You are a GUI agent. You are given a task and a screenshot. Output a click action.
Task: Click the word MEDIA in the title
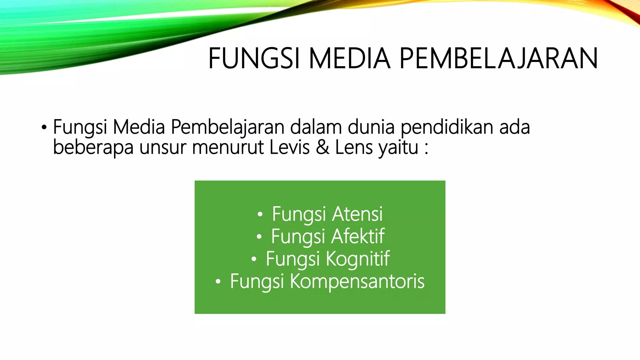click(349, 58)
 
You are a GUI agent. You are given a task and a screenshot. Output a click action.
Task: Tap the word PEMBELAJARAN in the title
click(498, 58)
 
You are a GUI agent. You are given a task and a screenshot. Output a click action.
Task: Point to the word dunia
click(371, 127)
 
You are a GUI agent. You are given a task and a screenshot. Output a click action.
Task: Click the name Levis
click(289, 147)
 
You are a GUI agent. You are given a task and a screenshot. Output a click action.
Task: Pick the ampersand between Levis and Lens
click(322, 147)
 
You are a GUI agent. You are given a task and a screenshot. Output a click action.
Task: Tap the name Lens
click(353, 147)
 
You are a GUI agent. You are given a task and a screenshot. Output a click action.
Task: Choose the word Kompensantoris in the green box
click(357, 281)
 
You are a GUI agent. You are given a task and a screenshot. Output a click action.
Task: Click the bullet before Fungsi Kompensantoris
click(218, 282)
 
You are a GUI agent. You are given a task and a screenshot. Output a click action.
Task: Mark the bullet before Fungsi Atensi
click(260, 215)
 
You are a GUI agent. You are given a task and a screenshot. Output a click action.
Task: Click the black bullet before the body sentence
click(44, 128)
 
